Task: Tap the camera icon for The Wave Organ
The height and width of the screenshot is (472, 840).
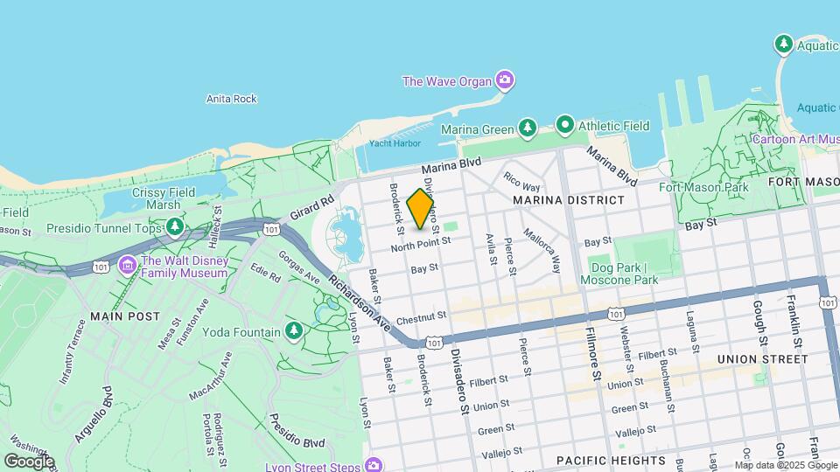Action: pos(504,81)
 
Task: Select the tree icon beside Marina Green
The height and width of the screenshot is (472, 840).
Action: pos(527,129)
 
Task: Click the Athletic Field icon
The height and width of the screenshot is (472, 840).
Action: pos(565,125)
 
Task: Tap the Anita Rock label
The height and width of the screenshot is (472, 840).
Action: pos(231,99)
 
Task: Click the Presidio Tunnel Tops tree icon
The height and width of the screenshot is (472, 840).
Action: pos(176,228)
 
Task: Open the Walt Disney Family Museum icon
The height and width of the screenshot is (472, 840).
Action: pos(127,263)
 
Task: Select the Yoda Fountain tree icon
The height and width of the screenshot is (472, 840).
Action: pos(295,331)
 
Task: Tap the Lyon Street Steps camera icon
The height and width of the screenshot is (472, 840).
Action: pos(375,463)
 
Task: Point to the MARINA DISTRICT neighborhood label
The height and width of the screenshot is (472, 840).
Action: pos(569,200)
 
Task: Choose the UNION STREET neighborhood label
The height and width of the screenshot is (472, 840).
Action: pos(762,359)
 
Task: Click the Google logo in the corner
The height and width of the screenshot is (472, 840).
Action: pos(29,461)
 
